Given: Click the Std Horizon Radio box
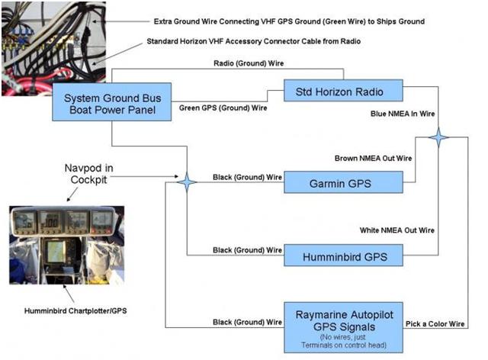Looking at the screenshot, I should click(x=342, y=92).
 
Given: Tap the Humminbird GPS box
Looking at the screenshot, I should click(x=342, y=256).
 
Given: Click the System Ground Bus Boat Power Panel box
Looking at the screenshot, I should click(x=112, y=102).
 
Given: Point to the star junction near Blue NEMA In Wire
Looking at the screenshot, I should click(x=438, y=138).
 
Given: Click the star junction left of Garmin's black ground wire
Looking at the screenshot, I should click(x=187, y=182).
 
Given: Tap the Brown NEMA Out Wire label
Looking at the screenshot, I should click(x=373, y=158).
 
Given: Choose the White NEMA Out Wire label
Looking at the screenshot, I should click(x=396, y=230).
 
